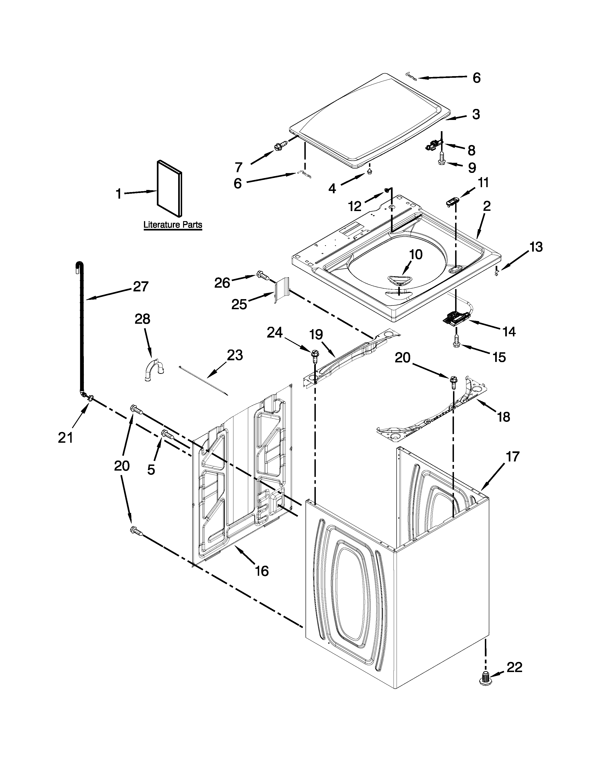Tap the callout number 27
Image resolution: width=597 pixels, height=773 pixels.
click(140, 286)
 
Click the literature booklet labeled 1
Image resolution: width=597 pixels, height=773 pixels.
click(170, 188)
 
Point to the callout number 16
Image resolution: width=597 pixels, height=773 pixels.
click(262, 571)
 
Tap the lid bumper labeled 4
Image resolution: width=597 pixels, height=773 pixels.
click(369, 171)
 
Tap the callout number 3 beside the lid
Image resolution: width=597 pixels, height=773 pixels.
click(476, 114)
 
